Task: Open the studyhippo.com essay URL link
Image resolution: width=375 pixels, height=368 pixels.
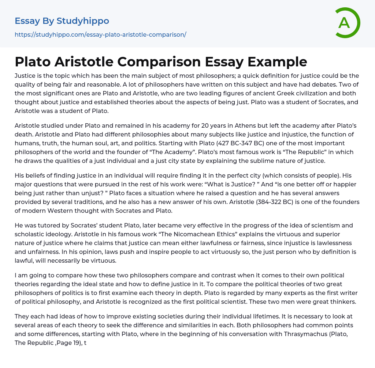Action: [x=100, y=34]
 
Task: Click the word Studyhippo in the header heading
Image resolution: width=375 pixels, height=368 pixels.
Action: [x=83, y=21]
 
